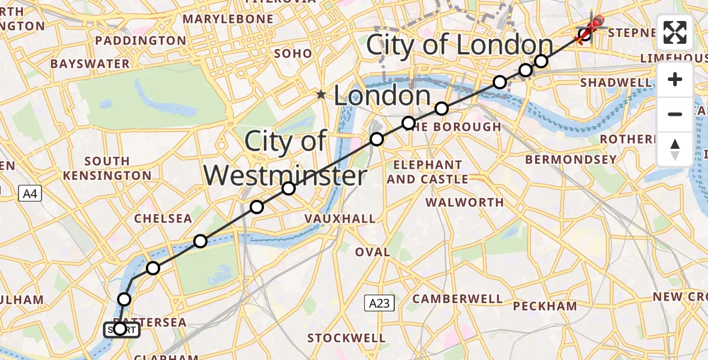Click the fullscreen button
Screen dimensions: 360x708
(x=675, y=32)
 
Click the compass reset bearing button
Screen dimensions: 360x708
(x=675, y=149)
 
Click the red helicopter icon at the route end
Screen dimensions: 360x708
(x=591, y=27)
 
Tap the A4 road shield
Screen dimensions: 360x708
(x=30, y=194)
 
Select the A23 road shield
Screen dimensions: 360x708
(x=379, y=304)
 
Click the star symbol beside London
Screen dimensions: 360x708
(x=322, y=95)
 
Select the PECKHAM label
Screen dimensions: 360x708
(x=545, y=306)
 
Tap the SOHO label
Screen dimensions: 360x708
(x=293, y=53)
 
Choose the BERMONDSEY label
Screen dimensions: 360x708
(x=571, y=160)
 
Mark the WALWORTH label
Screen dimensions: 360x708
(x=465, y=202)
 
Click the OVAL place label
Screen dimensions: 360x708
(x=372, y=252)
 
